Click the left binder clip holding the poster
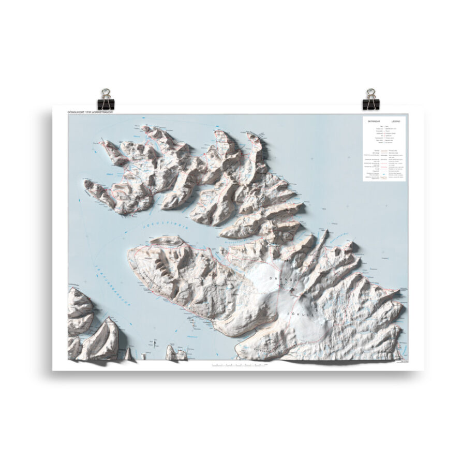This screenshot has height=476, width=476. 107,99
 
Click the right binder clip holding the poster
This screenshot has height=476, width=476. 370,99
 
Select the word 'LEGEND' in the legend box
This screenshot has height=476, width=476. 395,121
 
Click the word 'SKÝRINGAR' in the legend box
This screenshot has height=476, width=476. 374,121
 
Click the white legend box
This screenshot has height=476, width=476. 384,148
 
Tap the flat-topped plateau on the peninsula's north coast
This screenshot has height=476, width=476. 167,241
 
